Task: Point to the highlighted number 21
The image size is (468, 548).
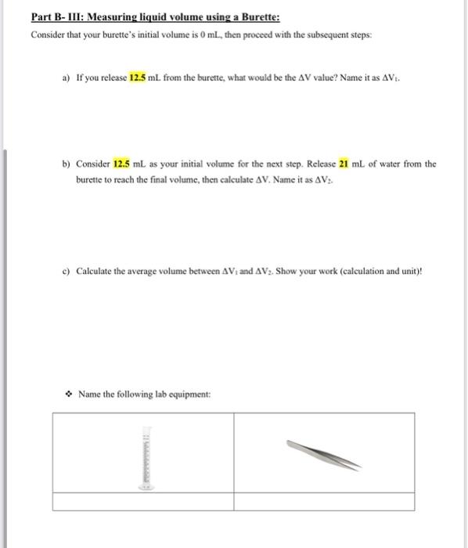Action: pyautogui.click(x=343, y=164)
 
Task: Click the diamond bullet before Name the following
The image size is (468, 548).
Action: pyautogui.click(x=68, y=393)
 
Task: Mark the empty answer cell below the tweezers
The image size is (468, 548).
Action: pyautogui.click(x=324, y=502)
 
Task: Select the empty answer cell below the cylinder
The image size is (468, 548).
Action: pyautogui.click(x=143, y=502)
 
